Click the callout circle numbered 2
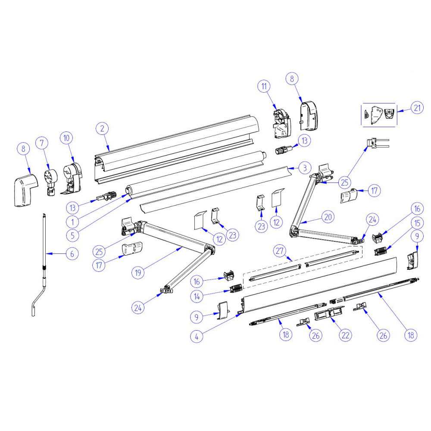(x=102, y=128)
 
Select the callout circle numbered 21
(x=416, y=108)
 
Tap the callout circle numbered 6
(x=72, y=254)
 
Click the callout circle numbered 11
(x=264, y=86)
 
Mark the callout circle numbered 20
(x=328, y=218)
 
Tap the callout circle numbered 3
(x=304, y=167)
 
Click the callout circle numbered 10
(x=67, y=138)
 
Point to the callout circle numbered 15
(x=417, y=223)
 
